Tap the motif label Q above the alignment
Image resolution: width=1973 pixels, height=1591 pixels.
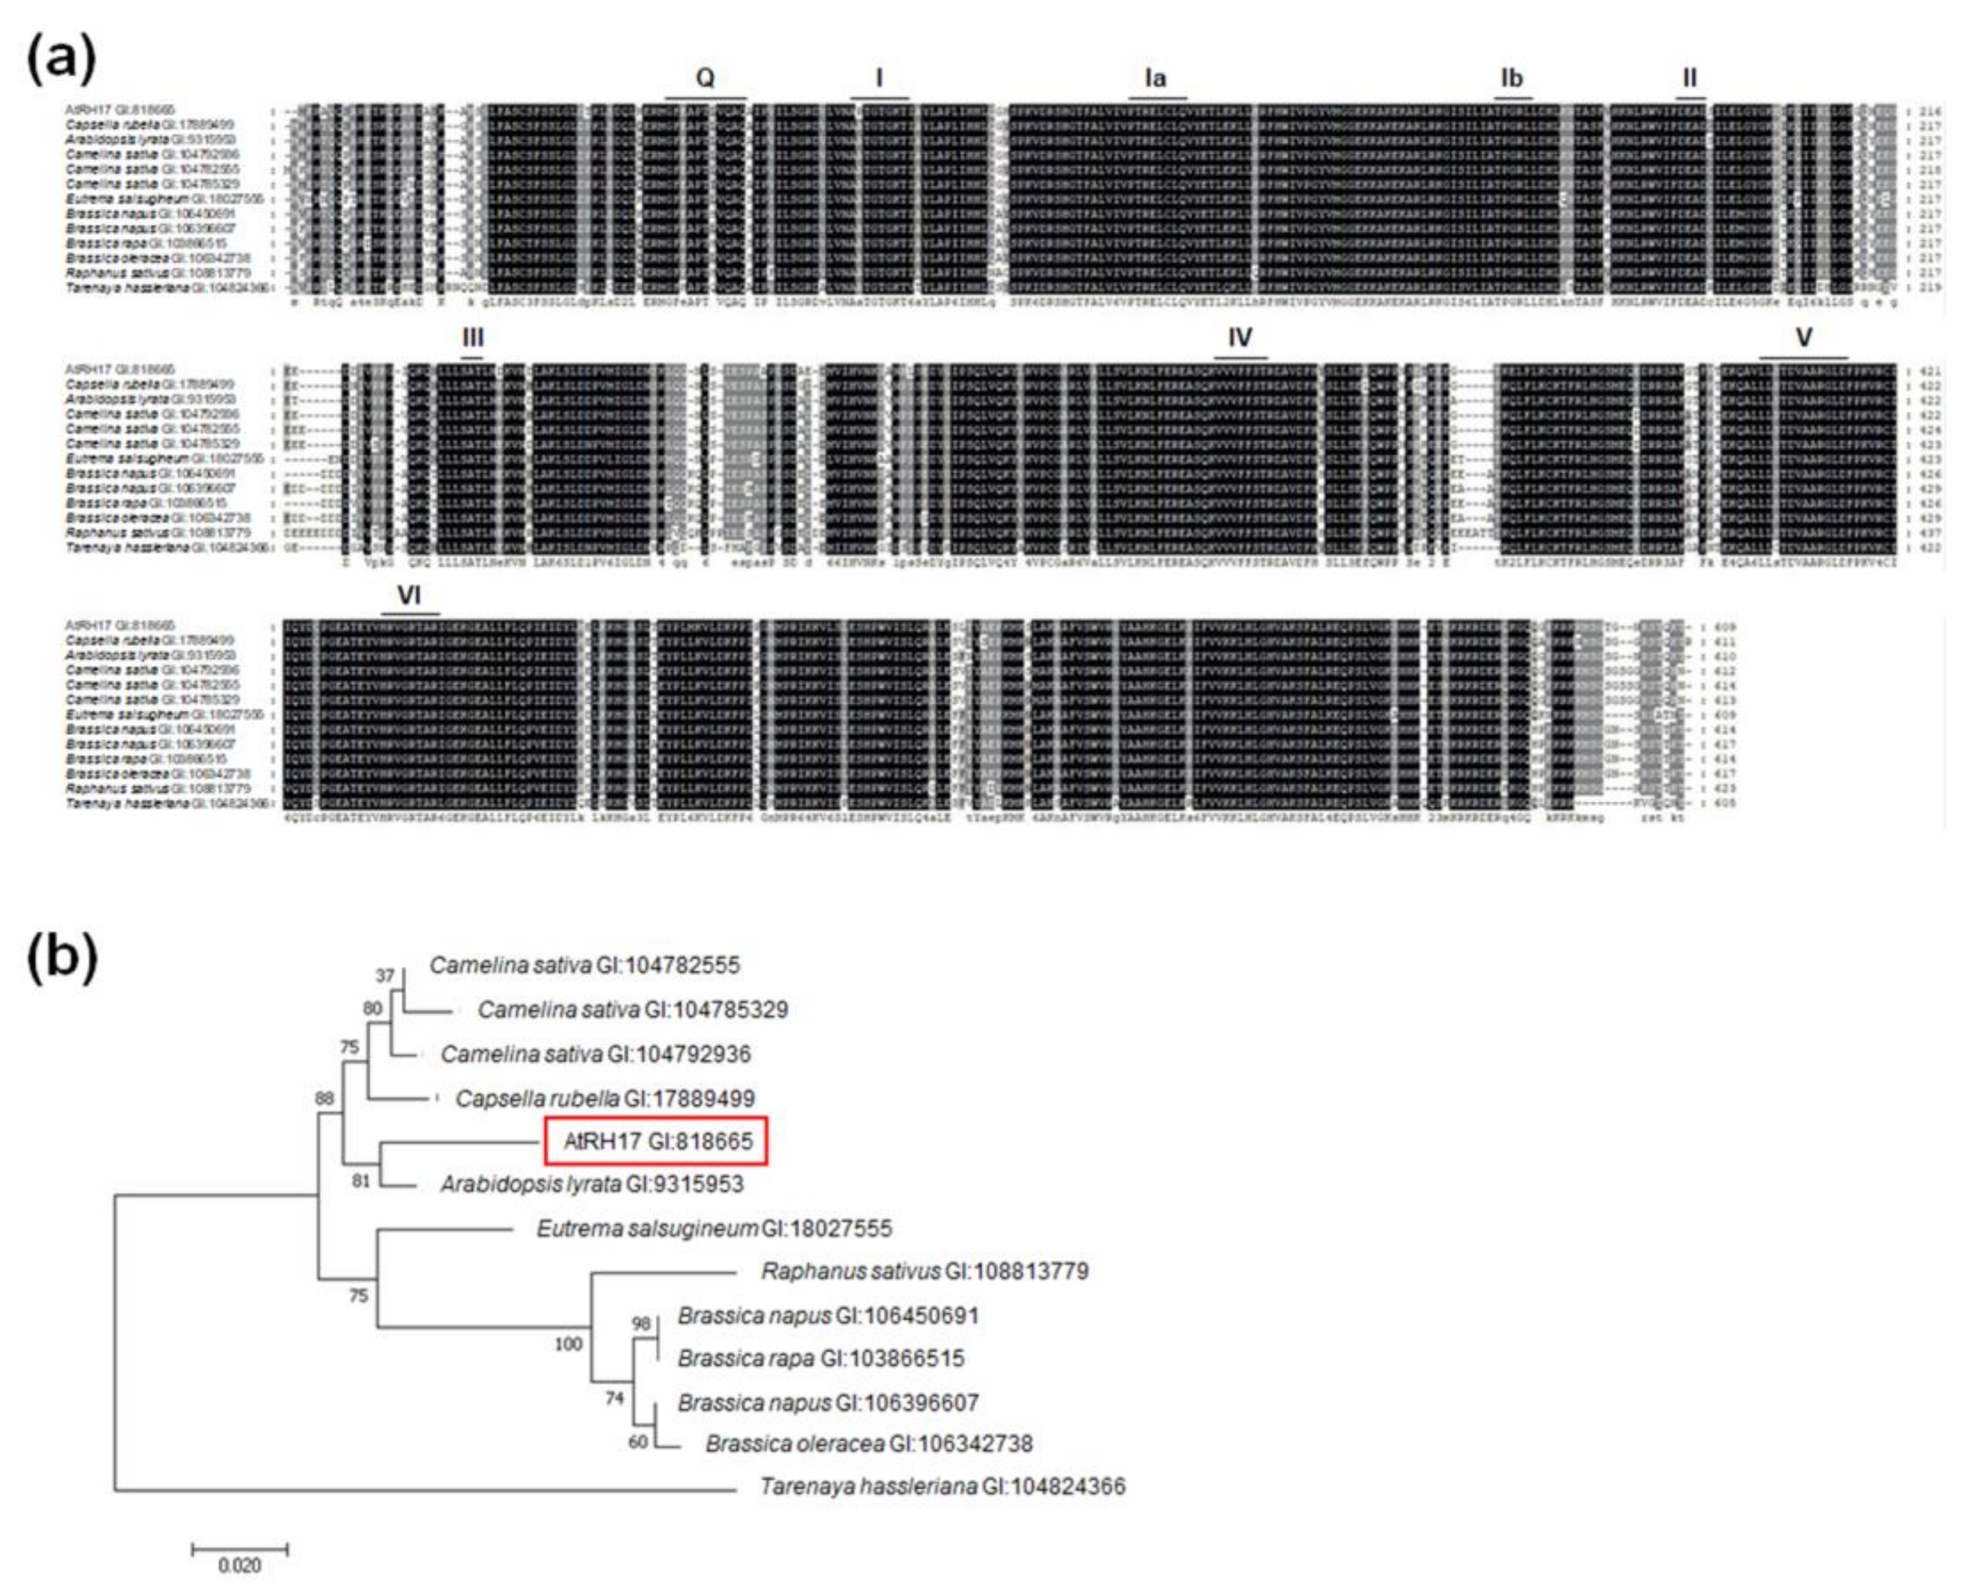pyautogui.click(x=705, y=78)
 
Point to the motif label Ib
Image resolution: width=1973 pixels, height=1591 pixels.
pyautogui.click(x=1511, y=78)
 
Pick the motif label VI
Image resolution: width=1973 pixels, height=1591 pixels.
pyautogui.click(x=410, y=596)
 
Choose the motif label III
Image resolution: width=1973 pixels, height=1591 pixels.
pyautogui.click(x=473, y=337)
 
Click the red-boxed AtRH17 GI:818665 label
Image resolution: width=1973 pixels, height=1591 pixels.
pyautogui.click(x=657, y=1141)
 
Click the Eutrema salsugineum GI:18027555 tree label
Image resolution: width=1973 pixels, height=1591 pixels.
pyautogui.click(x=714, y=1228)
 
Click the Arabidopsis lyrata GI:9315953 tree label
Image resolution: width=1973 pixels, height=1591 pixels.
pyautogui.click(x=592, y=1184)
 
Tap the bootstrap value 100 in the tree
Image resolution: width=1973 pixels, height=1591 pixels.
pyautogui.click(x=568, y=1344)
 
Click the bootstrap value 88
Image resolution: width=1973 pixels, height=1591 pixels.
pyautogui.click(x=324, y=1098)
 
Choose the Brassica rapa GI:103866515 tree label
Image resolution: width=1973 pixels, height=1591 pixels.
pyautogui.click(x=821, y=1358)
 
